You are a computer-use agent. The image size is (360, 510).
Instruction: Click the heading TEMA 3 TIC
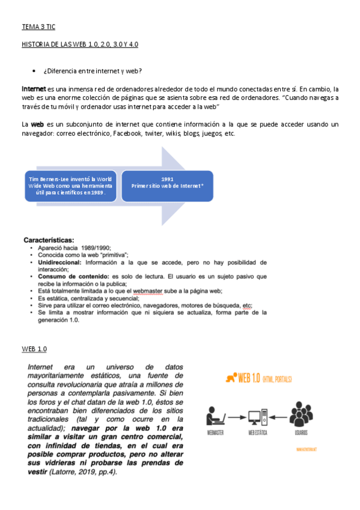[38, 27]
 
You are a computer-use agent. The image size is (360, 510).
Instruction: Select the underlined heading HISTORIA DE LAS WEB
[80, 45]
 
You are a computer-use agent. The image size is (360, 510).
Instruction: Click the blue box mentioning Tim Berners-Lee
[71, 186]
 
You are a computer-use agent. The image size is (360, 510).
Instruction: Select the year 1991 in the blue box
[168, 179]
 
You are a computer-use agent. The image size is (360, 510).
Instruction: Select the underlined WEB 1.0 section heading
[34, 349]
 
